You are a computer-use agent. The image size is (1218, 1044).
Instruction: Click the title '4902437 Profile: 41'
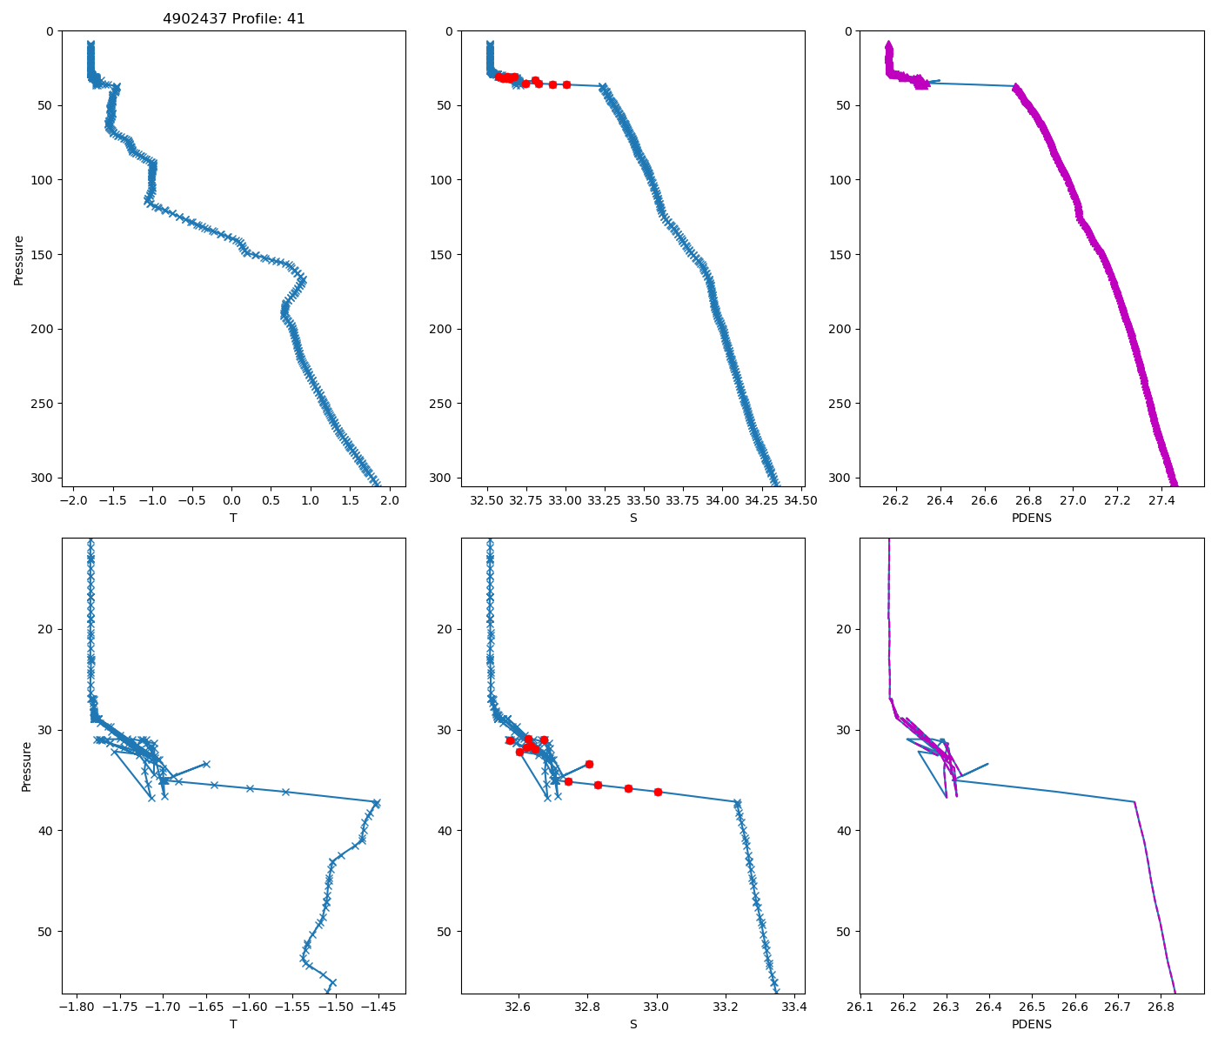[x=233, y=19]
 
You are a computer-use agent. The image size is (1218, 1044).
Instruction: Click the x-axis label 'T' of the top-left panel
[x=233, y=518]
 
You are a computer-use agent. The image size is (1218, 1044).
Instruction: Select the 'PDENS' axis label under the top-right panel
[x=1032, y=518]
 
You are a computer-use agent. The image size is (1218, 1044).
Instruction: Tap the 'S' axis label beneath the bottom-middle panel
[x=633, y=1024]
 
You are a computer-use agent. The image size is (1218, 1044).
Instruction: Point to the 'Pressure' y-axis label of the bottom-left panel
[x=26, y=766]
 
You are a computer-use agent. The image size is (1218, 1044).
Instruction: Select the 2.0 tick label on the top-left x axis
[x=390, y=501]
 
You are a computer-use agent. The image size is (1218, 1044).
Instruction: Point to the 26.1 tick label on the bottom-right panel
[x=860, y=1007]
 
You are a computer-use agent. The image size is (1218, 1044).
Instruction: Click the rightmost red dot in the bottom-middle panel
[x=658, y=792]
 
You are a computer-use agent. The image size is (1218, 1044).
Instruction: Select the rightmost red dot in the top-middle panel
[x=566, y=84]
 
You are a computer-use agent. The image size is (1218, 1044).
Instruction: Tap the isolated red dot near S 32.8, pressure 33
[x=589, y=764]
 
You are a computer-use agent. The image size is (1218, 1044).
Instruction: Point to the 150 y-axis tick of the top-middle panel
[x=442, y=255]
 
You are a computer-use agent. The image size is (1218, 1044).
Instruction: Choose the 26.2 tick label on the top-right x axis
[x=895, y=501]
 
